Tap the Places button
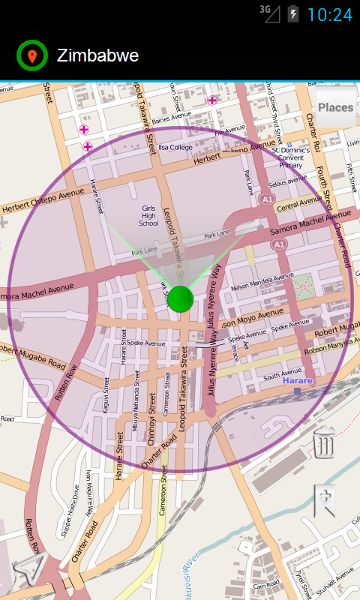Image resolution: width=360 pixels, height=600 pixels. click(x=335, y=107)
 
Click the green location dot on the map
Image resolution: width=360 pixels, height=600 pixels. click(x=181, y=298)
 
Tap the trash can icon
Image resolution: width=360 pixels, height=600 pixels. click(x=324, y=442)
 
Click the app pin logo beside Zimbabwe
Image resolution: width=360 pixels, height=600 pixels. click(x=31, y=55)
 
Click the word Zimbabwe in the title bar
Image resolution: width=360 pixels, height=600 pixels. click(x=97, y=55)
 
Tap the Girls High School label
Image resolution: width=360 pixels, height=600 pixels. click(x=148, y=216)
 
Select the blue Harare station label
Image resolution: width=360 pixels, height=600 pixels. click(x=298, y=381)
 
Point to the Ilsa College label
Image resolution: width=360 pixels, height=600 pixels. click(x=175, y=148)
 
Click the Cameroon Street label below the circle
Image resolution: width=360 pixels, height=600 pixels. click(x=161, y=490)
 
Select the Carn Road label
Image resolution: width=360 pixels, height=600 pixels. click(x=266, y=584)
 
